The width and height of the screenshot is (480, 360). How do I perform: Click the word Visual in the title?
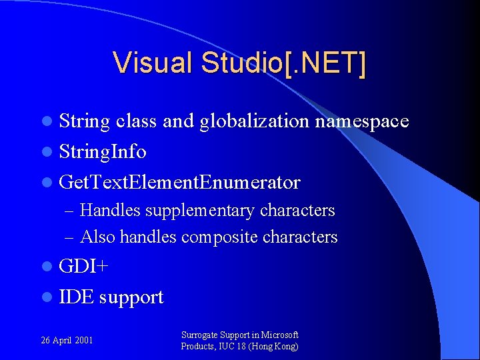pyautogui.click(x=153, y=63)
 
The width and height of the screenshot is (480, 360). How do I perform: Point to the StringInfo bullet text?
pyautogui.click(x=103, y=152)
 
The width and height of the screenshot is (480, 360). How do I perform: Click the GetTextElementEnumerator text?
pyautogui.click(x=179, y=182)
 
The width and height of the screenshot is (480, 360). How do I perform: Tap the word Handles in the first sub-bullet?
pyautogui.click(x=110, y=211)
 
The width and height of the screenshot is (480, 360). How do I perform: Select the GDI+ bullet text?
pyautogui.click(x=83, y=267)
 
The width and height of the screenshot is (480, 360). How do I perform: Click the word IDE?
pyautogui.click(x=76, y=297)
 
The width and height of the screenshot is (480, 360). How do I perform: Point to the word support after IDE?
pyautogui.click(x=131, y=297)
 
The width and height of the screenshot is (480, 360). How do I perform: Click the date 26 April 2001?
pyautogui.click(x=67, y=340)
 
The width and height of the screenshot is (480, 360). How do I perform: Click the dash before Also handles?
pyautogui.click(x=70, y=237)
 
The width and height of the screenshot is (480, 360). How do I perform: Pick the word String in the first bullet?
pyautogui.click(x=85, y=121)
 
